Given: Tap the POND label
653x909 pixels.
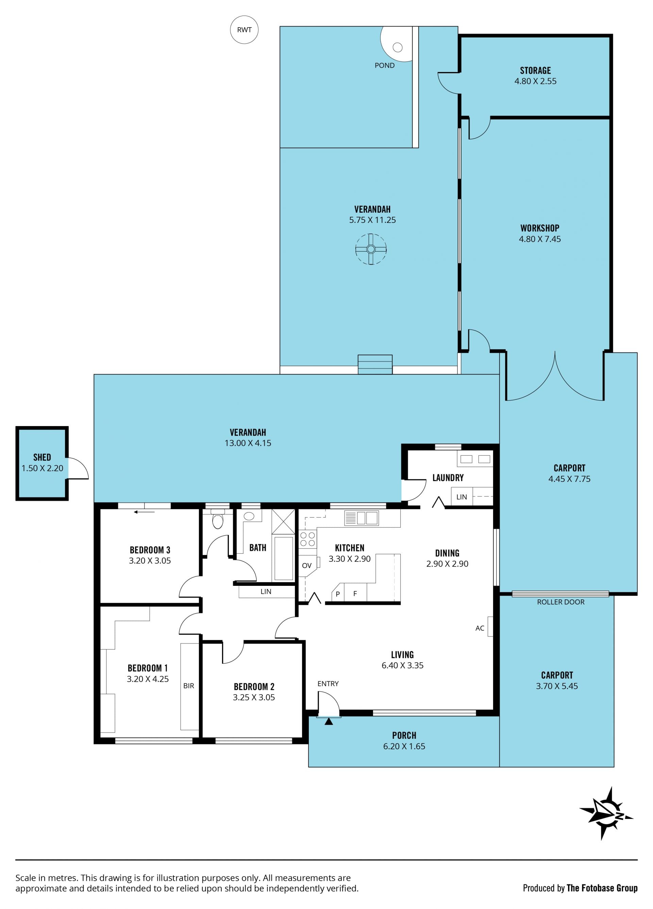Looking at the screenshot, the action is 384,65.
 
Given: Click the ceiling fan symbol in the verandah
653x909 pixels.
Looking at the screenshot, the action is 371,249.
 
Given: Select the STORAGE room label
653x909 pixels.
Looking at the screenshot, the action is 535,71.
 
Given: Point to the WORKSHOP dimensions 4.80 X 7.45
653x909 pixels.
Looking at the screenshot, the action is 539,239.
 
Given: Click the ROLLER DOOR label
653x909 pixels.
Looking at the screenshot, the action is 560,602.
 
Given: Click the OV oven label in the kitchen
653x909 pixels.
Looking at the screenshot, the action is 306,565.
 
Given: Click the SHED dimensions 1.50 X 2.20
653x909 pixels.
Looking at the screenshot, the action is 42,468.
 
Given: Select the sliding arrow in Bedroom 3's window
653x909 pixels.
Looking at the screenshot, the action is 145,512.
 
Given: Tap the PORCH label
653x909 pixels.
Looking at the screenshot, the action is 404,735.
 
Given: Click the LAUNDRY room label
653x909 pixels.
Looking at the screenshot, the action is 448,478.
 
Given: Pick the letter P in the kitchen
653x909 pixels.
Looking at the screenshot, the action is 338,594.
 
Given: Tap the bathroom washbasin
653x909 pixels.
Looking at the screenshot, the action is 249,516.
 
